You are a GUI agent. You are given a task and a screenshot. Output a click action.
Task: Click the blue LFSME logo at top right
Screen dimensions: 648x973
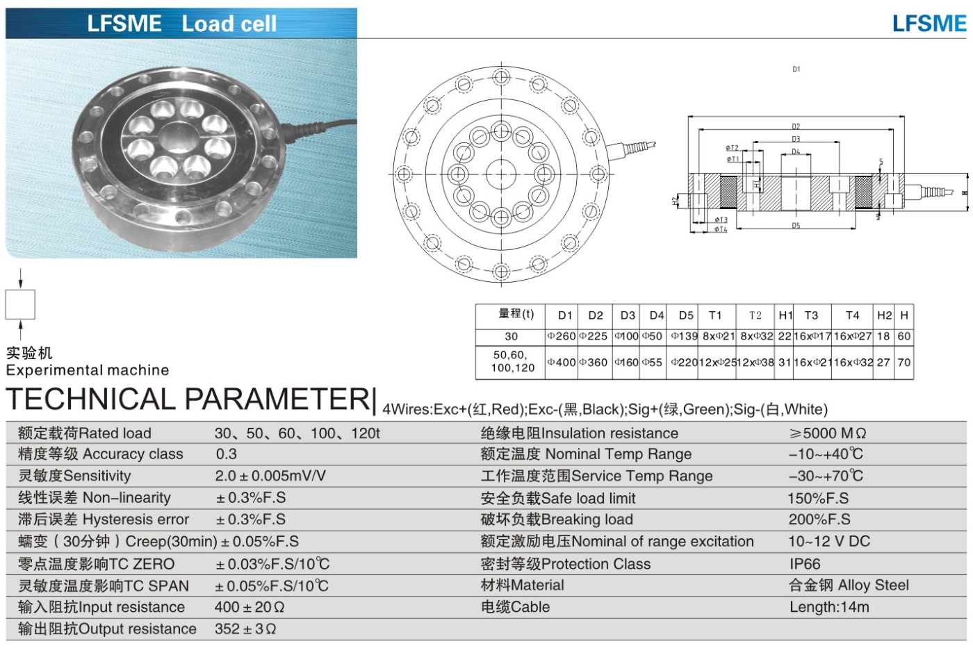tap(929, 24)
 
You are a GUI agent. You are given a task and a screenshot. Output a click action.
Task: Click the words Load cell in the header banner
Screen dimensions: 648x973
tap(229, 24)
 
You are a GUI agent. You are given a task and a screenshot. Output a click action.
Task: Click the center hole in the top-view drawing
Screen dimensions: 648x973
tap(500, 174)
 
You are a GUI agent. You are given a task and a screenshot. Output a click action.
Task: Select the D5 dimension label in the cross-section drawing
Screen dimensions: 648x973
tap(796, 226)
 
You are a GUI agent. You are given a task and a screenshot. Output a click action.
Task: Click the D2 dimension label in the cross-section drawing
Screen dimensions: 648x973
tap(796, 126)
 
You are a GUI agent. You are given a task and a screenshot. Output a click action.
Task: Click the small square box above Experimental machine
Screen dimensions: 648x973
tap(20, 304)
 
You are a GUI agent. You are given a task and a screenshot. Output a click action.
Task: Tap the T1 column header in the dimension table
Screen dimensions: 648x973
tap(715, 315)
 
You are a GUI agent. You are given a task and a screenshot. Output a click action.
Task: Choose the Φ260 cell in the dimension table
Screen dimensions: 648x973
tap(562, 336)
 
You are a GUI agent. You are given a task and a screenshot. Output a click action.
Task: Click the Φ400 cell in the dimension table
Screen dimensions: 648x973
tap(562, 362)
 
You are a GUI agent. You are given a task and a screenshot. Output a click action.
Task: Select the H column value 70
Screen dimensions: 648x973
tap(903, 362)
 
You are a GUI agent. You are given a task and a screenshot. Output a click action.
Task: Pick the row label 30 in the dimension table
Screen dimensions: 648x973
tap(511, 336)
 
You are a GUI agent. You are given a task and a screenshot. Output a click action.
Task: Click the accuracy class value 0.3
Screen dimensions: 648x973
tap(227, 454)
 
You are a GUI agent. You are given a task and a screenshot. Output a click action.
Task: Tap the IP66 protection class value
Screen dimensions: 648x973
tap(804, 564)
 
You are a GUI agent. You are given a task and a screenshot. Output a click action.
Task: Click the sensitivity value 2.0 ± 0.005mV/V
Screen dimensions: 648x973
tap(270, 476)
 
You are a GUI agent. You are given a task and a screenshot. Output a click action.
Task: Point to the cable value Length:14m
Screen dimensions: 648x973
tap(829, 607)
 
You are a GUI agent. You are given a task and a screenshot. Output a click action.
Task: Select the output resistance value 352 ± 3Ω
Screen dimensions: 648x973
tap(245, 629)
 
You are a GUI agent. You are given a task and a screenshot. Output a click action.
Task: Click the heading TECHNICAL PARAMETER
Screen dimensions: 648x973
tap(188, 399)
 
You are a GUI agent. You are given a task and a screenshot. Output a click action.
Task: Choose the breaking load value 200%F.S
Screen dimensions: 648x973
tap(819, 520)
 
